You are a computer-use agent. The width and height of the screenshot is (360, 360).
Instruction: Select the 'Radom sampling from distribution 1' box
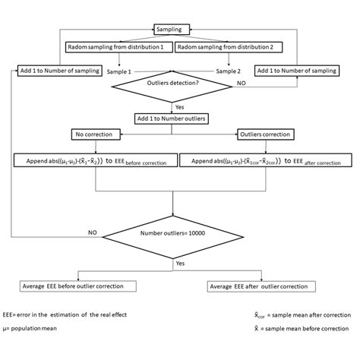(116, 47)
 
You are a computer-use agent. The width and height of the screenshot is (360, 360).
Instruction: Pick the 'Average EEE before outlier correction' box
(80, 286)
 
